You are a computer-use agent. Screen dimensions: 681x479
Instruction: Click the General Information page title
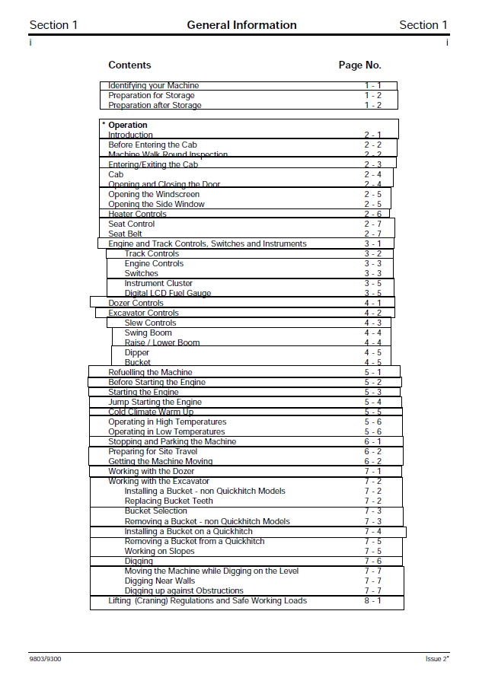click(x=241, y=25)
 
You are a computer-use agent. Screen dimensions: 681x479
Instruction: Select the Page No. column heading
click(x=359, y=65)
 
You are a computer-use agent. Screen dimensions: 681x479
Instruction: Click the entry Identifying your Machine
click(x=153, y=86)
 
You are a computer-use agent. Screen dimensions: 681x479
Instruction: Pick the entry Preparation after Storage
click(x=155, y=106)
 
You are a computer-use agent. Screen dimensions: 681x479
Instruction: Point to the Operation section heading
click(x=127, y=126)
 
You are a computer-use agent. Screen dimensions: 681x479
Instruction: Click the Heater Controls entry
click(x=137, y=215)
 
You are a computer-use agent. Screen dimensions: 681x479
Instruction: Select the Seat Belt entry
click(x=125, y=234)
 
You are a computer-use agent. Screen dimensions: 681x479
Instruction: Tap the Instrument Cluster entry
click(x=158, y=284)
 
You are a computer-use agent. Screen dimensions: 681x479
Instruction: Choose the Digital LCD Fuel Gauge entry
click(x=168, y=294)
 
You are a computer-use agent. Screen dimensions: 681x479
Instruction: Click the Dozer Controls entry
click(x=136, y=304)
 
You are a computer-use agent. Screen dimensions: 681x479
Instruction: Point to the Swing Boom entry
click(x=148, y=333)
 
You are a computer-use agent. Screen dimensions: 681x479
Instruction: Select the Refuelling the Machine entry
click(x=145, y=373)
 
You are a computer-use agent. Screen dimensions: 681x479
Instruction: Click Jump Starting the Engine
click(x=155, y=403)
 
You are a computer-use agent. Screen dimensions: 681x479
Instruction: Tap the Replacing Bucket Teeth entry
click(x=168, y=501)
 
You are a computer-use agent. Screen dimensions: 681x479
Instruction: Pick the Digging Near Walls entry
click(x=160, y=581)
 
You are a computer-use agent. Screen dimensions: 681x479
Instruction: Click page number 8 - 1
click(x=372, y=601)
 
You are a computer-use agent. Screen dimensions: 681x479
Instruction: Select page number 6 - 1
click(x=372, y=442)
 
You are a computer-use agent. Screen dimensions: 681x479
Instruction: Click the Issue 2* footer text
click(x=437, y=659)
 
